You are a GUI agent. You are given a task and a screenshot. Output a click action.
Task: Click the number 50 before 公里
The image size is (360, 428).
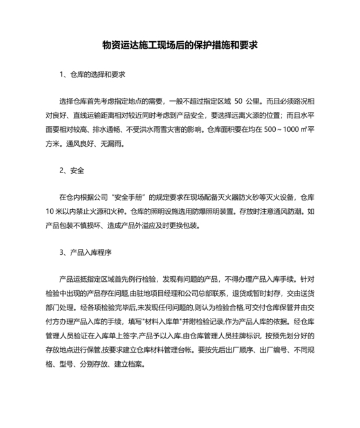[x=238, y=102]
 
